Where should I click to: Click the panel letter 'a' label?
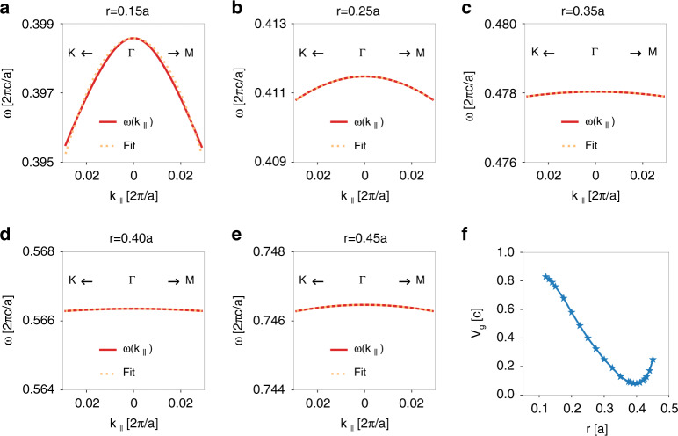click(7, 9)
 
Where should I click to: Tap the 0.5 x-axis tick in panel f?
click(668, 409)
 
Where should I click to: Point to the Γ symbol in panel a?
click(133, 54)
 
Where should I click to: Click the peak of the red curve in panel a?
click(133, 38)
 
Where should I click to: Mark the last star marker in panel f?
click(653, 360)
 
